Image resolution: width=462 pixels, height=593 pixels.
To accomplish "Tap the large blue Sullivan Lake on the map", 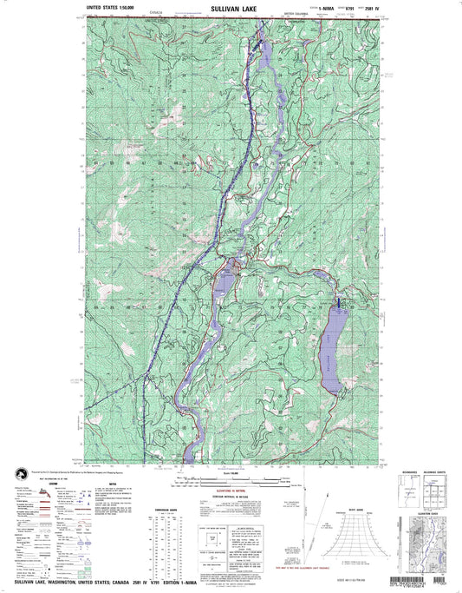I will coord(332,355).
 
